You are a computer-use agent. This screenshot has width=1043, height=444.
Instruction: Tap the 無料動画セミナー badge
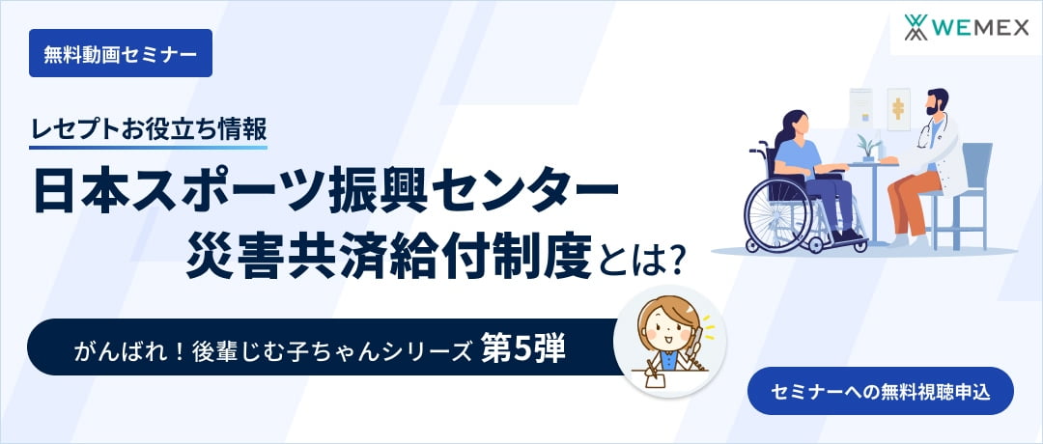(120, 54)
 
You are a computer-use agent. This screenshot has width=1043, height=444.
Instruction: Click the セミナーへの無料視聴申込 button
(880, 392)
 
